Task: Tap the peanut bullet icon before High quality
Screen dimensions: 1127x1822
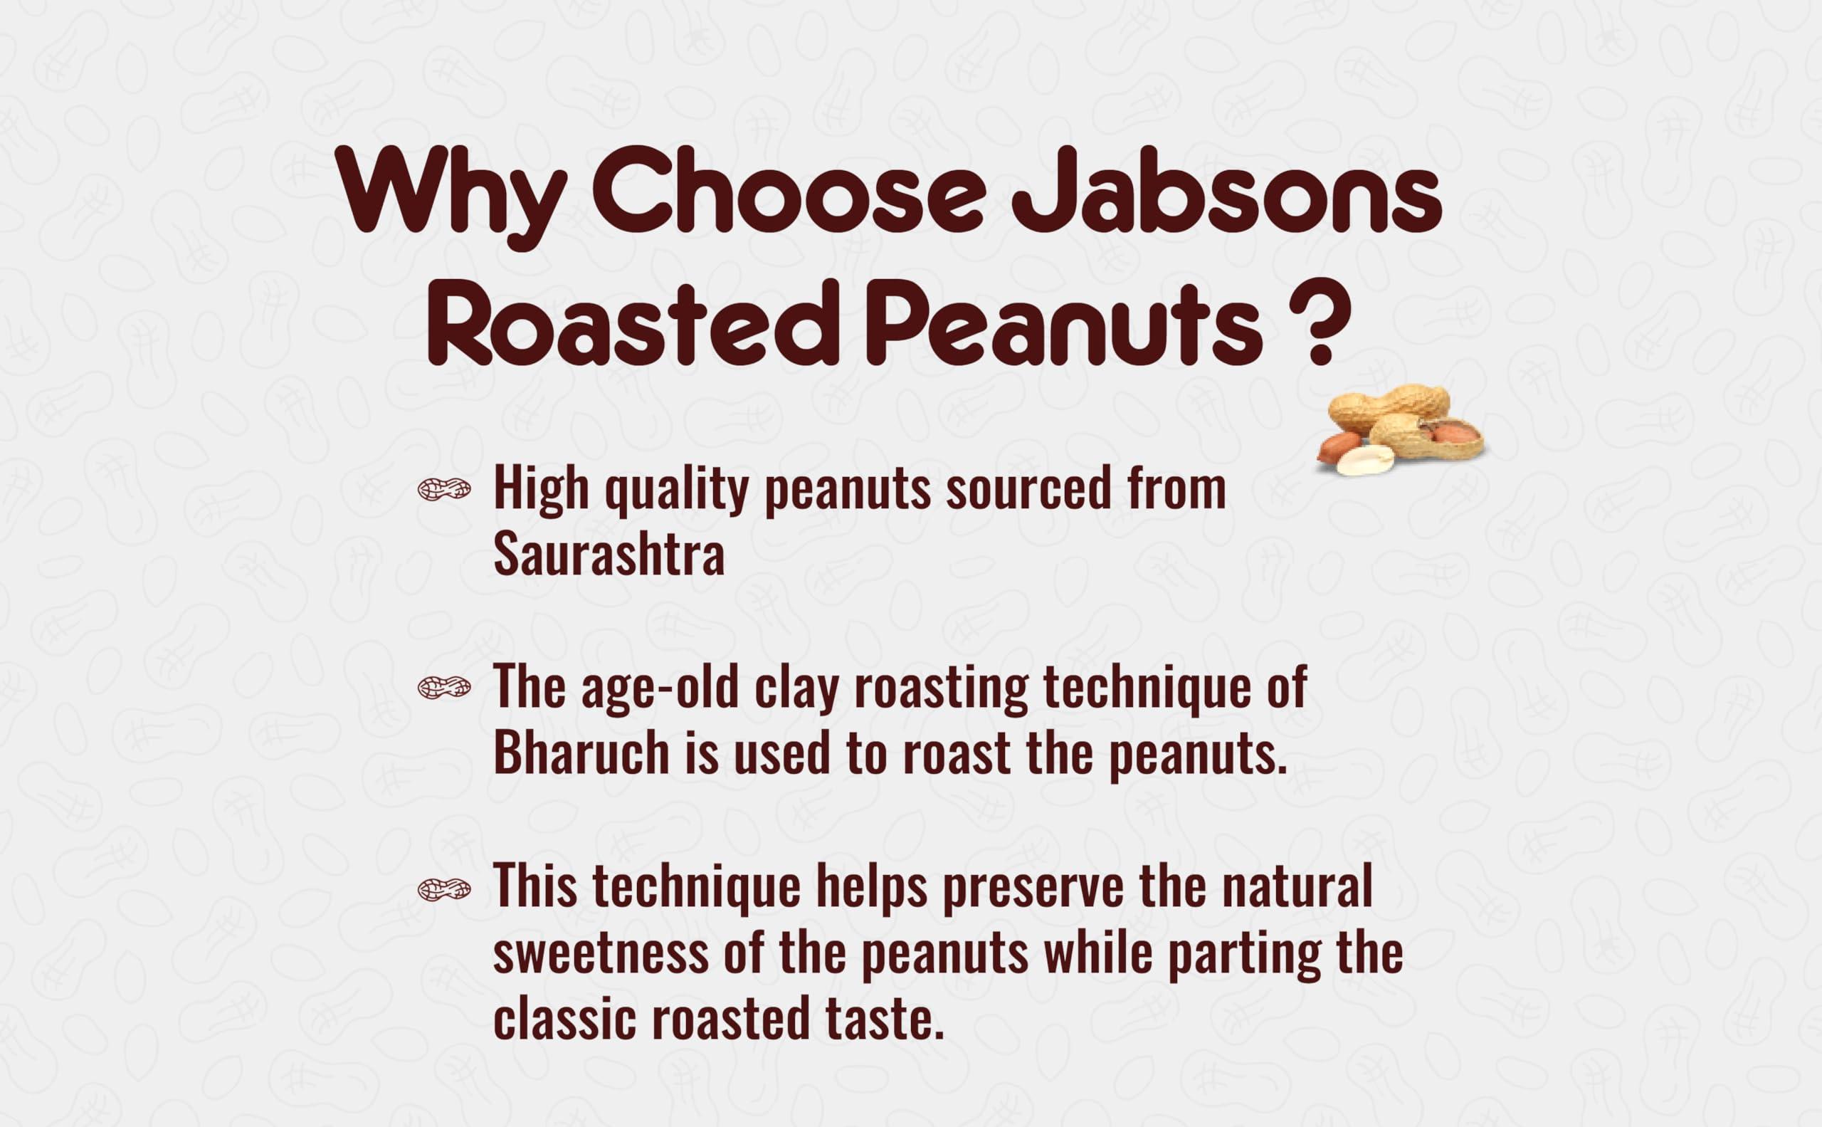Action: coord(444,489)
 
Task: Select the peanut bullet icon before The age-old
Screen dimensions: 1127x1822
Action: coord(444,687)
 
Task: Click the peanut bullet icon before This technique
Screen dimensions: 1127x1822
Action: coord(444,888)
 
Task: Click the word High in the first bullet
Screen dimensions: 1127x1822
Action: coord(540,491)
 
